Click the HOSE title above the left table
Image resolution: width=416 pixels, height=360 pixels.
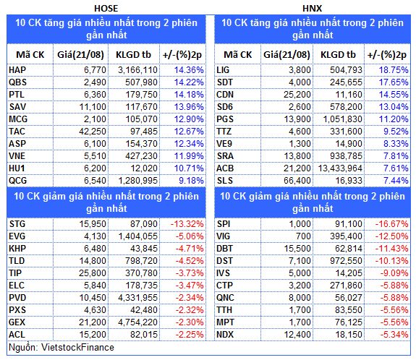tap(106, 9)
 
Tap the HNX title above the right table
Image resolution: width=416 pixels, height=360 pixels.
tap(313, 9)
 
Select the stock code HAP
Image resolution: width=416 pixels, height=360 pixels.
tap(17, 70)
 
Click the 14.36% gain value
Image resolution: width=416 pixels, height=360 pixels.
tap(189, 70)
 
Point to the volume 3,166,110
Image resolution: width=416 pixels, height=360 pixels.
tap(137, 70)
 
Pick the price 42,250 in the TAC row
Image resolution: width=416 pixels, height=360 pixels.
tap(93, 132)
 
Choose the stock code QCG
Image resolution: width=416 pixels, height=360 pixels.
tap(18, 181)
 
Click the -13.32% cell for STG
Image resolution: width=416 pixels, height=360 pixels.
tap(187, 224)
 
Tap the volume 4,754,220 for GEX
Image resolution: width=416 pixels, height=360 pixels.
tap(137, 322)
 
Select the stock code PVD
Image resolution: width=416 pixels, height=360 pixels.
tap(17, 298)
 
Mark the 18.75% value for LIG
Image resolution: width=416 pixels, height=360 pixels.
tap(394, 70)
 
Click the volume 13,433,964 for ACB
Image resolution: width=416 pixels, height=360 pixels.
tap(340, 168)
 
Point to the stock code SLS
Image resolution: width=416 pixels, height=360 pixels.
tap(225, 181)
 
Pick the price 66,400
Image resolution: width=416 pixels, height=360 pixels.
tap(297, 181)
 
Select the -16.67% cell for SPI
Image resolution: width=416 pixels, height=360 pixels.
tap(391, 224)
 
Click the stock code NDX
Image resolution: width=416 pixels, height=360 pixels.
tap(225, 335)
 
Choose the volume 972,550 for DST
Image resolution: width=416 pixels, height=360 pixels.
tap(346, 261)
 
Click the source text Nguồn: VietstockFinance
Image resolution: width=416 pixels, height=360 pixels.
tap(61, 348)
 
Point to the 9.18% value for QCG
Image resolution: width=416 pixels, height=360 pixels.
tap(191, 181)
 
